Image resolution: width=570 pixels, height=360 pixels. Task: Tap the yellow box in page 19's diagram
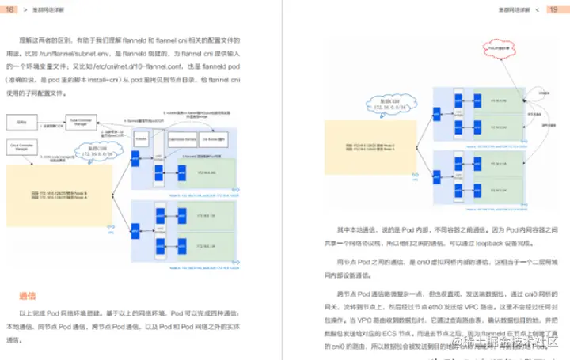coord(360,148)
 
